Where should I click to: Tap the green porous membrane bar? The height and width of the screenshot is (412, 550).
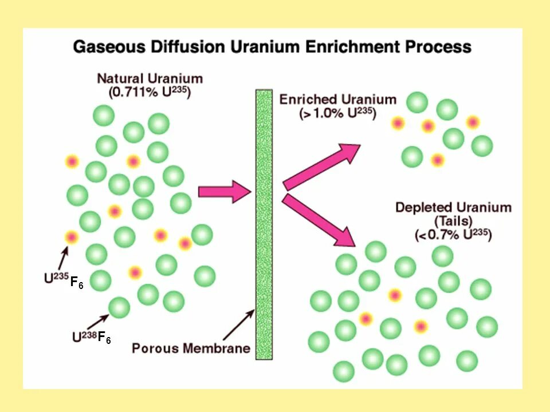[x=264, y=223]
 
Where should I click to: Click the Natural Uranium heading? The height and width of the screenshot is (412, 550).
[x=150, y=78]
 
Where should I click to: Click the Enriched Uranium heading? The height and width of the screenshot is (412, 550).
[x=337, y=100]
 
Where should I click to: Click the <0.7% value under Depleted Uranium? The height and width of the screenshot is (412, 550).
[x=434, y=235]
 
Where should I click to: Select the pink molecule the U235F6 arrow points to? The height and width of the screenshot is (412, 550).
[x=71, y=236]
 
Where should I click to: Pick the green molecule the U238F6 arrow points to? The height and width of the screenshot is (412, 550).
[x=119, y=307]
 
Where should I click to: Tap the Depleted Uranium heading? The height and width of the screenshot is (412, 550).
[x=453, y=207]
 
